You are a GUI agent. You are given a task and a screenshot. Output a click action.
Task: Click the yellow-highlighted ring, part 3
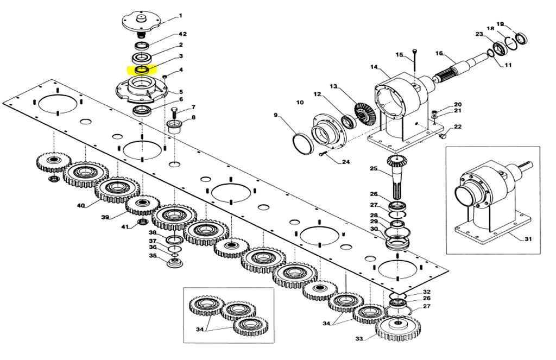point(142,70)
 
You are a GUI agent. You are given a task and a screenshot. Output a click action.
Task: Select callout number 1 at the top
point(181,16)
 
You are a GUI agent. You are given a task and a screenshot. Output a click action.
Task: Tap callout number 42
point(182,34)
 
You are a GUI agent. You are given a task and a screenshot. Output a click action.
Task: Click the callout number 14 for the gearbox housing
point(374,67)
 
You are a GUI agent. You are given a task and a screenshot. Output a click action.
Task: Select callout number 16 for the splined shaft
point(439,53)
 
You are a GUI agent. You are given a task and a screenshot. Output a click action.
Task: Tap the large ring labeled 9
point(302,144)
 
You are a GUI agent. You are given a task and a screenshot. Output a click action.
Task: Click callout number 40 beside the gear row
point(81,206)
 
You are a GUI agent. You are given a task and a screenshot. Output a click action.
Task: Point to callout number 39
point(105,217)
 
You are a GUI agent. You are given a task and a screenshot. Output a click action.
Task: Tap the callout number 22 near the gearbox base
point(458,127)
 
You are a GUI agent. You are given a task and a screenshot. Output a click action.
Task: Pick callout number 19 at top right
point(500,24)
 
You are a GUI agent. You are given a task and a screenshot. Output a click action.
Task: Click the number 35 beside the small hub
point(153,256)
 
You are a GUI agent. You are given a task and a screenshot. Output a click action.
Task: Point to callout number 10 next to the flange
point(300,102)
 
